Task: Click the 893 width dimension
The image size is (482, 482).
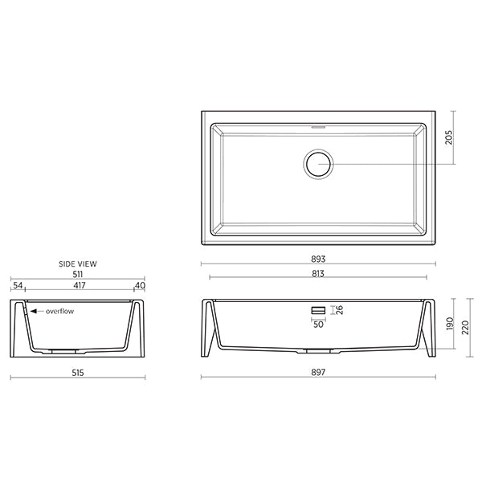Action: [319, 259]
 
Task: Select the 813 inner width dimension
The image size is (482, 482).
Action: [319, 274]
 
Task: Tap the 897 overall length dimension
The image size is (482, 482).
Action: [319, 373]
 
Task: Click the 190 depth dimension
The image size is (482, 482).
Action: [451, 325]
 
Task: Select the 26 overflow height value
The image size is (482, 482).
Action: [339, 309]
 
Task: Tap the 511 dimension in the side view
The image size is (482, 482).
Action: [78, 274]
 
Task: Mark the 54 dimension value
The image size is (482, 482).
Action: [18, 285]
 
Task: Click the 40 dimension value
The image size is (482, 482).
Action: [140, 285]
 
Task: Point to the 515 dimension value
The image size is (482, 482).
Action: [78, 373]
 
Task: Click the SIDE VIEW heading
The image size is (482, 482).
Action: [78, 263]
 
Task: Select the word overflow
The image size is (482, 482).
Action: [60, 310]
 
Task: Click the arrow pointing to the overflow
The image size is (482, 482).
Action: [35, 310]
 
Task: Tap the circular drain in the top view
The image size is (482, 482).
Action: [319, 164]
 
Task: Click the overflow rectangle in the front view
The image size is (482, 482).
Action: [319, 309]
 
